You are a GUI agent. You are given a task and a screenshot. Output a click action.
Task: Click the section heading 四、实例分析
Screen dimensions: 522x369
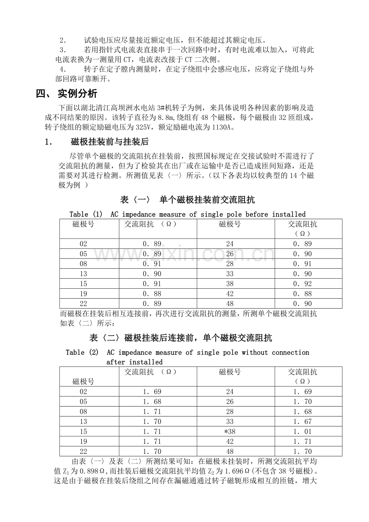click(x=67, y=94)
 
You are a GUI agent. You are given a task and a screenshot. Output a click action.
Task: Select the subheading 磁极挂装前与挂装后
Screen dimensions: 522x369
click(x=110, y=142)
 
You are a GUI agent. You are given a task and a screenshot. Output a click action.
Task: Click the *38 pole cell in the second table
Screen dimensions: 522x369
click(x=229, y=432)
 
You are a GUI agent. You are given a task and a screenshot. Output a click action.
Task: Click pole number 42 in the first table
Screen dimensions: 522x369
click(x=229, y=294)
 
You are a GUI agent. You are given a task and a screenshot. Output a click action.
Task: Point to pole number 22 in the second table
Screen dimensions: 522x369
click(x=83, y=451)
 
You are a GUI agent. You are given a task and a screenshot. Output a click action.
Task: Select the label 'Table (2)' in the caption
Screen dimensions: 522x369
click(x=82, y=352)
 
